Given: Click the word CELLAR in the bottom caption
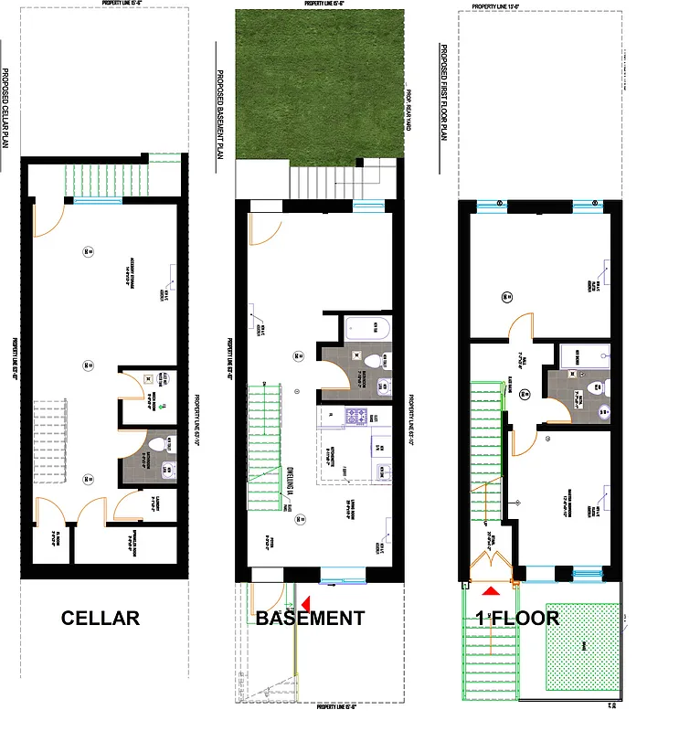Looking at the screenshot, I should tap(101, 619).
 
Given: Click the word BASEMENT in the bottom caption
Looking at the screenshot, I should tap(311, 619).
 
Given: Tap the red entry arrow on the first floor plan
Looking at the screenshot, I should tap(492, 592).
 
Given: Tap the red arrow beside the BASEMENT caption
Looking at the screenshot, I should tap(305, 602).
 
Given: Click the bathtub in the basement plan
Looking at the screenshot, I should tap(366, 327).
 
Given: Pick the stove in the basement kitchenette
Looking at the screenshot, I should tap(355, 418).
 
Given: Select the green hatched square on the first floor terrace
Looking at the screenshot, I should tap(581, 647).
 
